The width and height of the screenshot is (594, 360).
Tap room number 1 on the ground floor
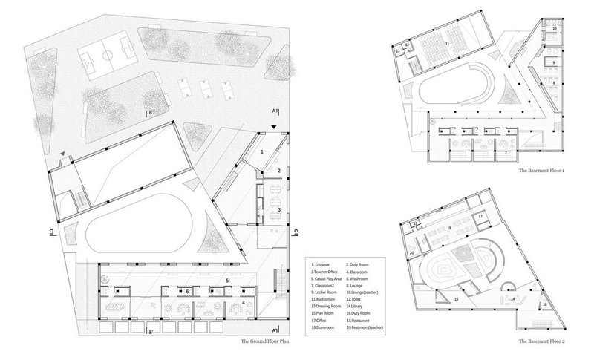point(261,151)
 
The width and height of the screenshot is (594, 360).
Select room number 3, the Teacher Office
point(278,210)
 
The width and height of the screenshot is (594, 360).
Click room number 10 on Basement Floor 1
point(554,29)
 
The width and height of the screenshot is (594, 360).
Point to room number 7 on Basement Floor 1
point(505,152)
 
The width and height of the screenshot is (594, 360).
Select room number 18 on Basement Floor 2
point(449,229)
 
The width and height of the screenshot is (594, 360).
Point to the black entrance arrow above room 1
point(276,128)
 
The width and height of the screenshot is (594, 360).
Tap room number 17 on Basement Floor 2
point(480,217)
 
